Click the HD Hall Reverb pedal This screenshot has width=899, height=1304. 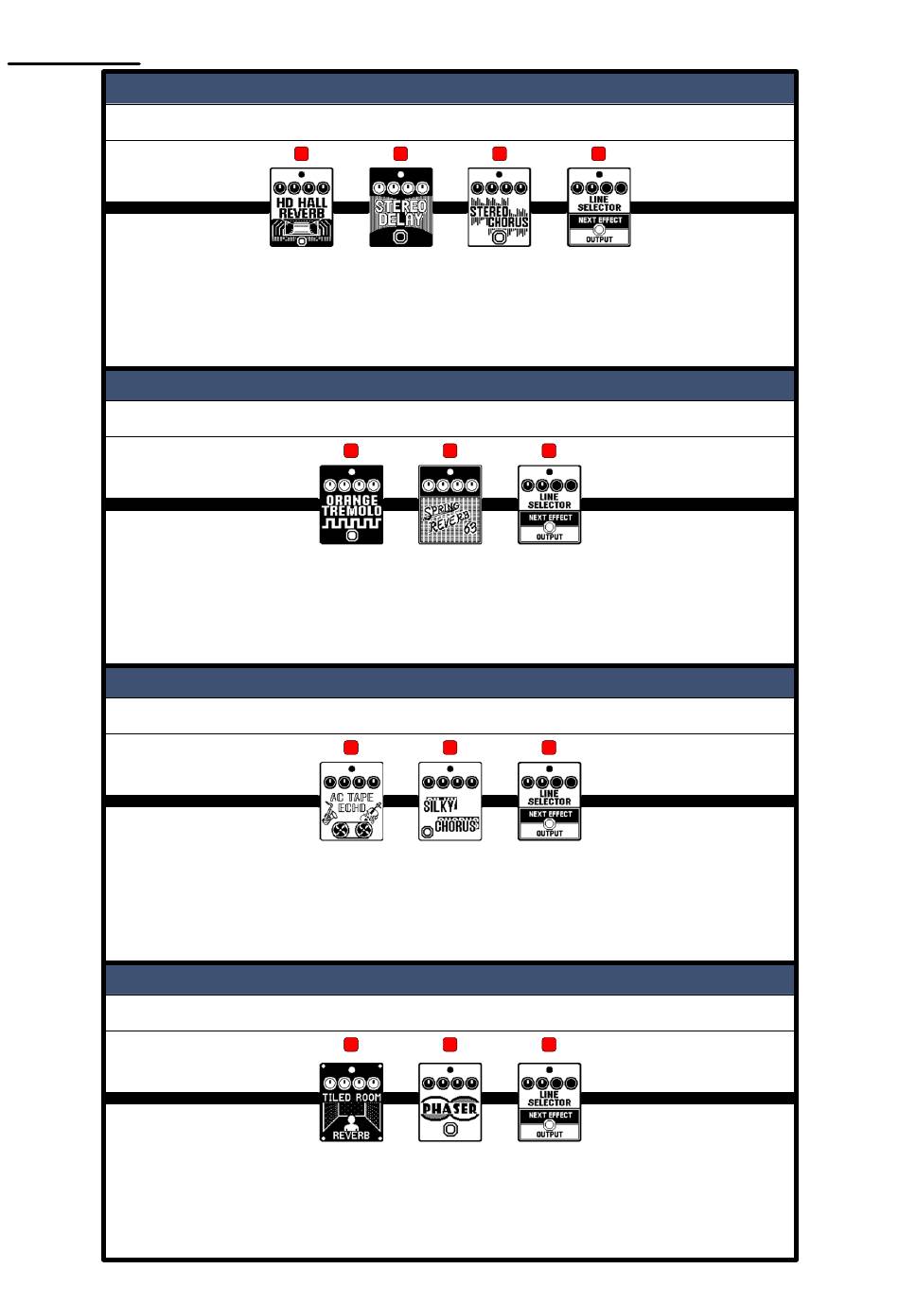(x=302, y=207)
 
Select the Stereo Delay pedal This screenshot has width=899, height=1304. (x=400, y=207)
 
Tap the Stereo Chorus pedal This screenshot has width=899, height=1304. (x=500, y=207)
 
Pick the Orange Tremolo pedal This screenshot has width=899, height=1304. (x=351, y=504)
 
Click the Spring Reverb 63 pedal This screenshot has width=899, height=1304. (x=450, y=504)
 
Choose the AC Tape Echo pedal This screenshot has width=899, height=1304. (x=351, y=802)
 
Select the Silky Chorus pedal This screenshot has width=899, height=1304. (x=450, y=802)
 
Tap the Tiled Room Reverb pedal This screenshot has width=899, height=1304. (x=351, y=1101)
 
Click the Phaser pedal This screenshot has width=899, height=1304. (x=450, y=1101)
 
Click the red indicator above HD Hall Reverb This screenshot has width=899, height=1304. (x=302, y=153)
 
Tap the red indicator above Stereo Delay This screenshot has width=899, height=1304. (x=400, y=153)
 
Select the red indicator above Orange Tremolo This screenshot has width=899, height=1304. (x=351, y=450)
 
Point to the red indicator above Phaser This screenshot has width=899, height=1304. (x=450, y=1045)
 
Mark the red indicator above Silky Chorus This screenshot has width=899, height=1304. (x=450, y=748)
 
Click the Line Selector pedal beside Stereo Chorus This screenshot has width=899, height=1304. (x=599, y=207)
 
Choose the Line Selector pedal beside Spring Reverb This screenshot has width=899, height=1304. (x=549, y=504)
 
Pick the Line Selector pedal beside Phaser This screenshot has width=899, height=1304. (x=549, y=1101)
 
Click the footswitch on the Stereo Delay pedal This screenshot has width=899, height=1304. (x=400, y=237)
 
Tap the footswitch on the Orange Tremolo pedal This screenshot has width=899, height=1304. (x=352, y=535)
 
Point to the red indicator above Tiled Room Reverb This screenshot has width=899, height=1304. (x=351, y=1045)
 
